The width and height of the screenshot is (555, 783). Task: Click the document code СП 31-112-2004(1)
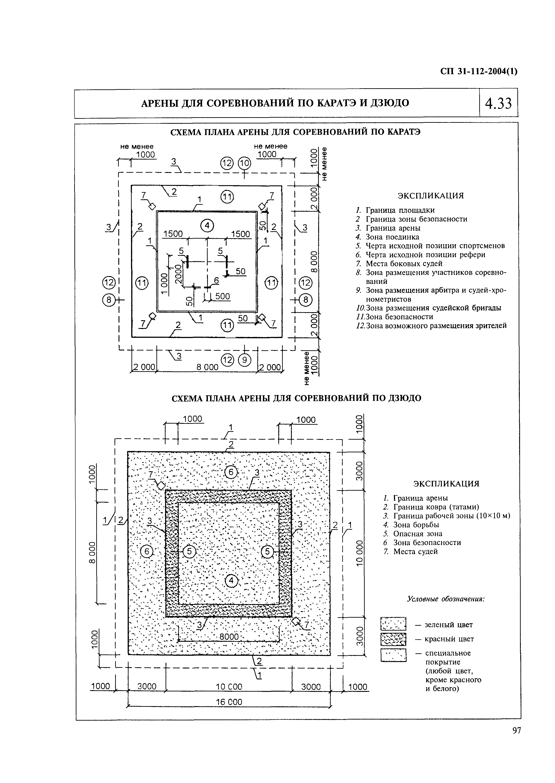[479, 72]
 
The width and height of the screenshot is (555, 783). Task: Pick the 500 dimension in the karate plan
[223, 296]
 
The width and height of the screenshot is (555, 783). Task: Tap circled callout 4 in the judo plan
[231, 580]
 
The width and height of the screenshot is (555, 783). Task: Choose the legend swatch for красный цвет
[393, 639]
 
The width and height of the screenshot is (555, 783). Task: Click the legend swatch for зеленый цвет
[393, 624]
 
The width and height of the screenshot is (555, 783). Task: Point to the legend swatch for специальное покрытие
[393, 655]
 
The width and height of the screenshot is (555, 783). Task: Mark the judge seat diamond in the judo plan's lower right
[296, 621]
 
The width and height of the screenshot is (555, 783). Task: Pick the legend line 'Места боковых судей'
[403, 264]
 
